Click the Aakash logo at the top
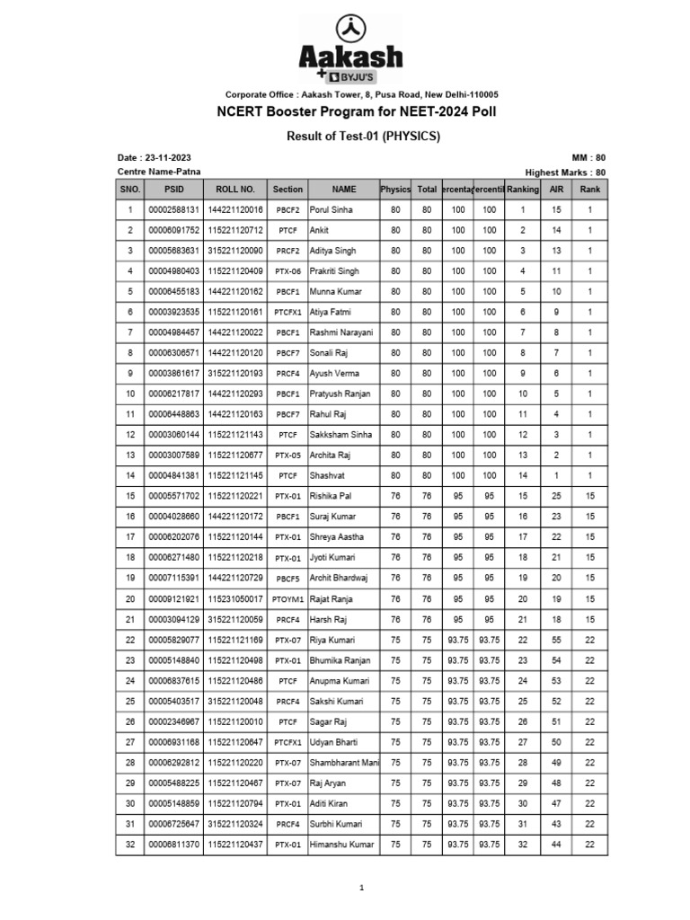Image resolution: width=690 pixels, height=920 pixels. (x=350, y=49)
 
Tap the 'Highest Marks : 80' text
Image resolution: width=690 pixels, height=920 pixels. (x=565, y=172)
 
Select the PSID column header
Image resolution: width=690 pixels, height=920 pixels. (x=173, y=190)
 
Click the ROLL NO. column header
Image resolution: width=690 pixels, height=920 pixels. (x=235, y=190)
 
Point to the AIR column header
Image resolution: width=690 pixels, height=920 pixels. (x=556, y=190)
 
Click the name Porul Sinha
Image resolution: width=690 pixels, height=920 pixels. (x=332, y=209)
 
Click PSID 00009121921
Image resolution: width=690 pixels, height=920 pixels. (x=173, y=598)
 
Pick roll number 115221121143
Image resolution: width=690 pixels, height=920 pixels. (x=235, y=435)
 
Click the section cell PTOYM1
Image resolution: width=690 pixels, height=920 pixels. (x=287, y=598)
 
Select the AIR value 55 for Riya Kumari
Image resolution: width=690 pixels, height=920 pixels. (x=556, y=640)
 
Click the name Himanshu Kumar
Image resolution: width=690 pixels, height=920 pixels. (x=341, y=845)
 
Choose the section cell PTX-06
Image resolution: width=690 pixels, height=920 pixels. (x=287, y=271)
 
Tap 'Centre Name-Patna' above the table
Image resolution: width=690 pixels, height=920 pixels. (x=159, y=172)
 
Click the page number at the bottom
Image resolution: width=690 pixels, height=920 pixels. (x=361, y=888)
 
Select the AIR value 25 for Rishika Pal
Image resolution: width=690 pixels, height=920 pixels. (x=556, y=496)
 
